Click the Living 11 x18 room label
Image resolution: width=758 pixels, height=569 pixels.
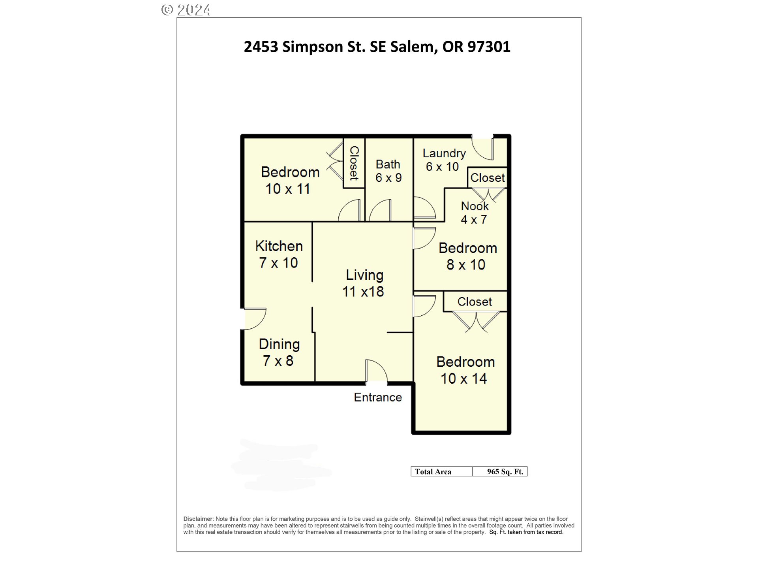click(x=363, y=283)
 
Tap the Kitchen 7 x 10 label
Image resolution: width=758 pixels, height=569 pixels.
click(x=279, y=254)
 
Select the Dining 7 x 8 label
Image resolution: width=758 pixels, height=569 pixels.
click(x=279, y=352)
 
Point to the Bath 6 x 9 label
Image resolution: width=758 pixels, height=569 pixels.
click(x=388, y=171)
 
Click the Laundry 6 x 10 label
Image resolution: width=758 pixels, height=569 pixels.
click(x=443, y=160)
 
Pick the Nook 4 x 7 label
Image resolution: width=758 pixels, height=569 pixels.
click(x=474, y=213)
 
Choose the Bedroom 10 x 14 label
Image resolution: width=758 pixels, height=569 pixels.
click(x=465, y=370)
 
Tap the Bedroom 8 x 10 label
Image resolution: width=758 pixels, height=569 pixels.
click(x=467, y=256)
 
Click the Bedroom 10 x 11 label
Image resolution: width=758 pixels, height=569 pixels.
click(x=289, y=181)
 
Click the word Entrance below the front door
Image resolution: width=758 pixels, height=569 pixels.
click(x=378, y=398)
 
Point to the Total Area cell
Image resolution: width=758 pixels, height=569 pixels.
click(x=433, y=471)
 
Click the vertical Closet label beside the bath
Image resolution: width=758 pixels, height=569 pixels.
click(x=354, y=163)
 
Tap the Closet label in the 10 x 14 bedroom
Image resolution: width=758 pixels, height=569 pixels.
click(x=475, y=302)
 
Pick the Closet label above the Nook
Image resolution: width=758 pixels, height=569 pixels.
click(x=488, y=178)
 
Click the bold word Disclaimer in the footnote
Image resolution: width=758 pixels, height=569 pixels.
click(x=198, y=519)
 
